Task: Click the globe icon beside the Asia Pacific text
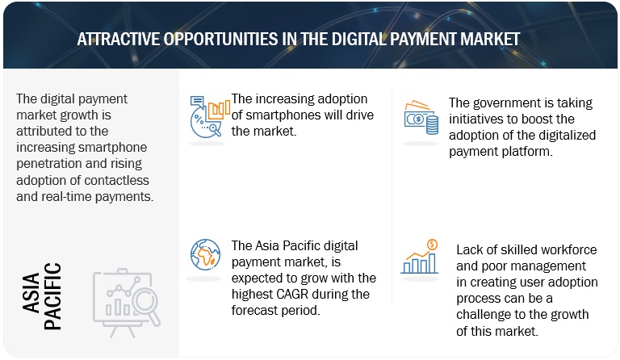pyautogui.click(x=205, y=254)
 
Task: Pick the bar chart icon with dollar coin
pyautogui.click(x=420, y=257)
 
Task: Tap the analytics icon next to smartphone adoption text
pyautogui.click(x=210, y=117)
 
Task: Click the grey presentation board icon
pyautogui.click(x=127, y=303)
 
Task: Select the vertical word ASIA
pyautogui.click(x=31, y=292)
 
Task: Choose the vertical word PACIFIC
pyautogui.click(x=52, y=296)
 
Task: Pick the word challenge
pyautogui.click(x=484, y=315)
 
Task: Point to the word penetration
pyautogui.click(x=46, y=164)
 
